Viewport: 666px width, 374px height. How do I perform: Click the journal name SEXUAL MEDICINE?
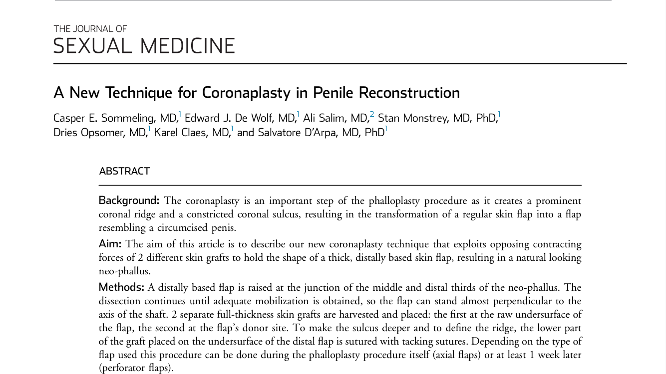(x=144, y=46)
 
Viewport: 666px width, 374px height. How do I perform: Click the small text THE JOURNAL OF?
(x=90, y=29)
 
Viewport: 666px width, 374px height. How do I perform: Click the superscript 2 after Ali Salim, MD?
(x=372, y=115)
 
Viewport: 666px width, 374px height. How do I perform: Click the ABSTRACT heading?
(x=124, y=172)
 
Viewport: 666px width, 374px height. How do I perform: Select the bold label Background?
(x=129, y=200)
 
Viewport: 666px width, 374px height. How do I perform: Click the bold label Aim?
(x=110, y=244)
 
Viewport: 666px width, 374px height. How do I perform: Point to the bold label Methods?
(x=121, y=287)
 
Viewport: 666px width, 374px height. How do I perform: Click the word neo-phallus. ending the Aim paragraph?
(x=124, y=271)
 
